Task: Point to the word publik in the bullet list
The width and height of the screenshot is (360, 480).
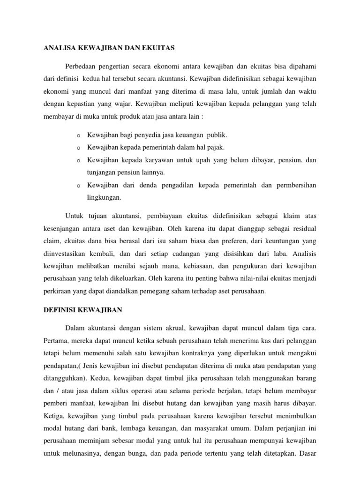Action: click(x=217, y=135)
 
